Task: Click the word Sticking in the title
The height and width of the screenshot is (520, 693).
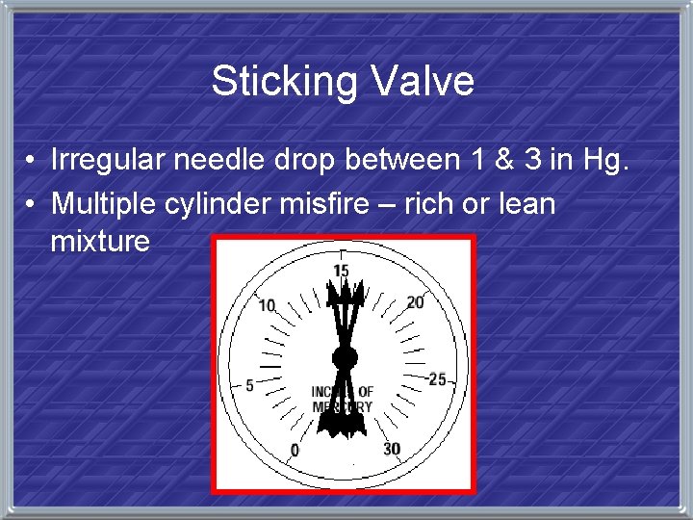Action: (x=274, y=81)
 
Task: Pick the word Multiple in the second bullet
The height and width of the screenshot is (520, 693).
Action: (x=101, y=203)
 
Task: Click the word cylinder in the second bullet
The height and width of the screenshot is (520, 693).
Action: (x=214, y=203)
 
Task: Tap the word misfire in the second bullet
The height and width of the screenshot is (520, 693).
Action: (x=321, y=203)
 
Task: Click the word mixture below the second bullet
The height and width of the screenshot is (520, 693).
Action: (x=100, y=241)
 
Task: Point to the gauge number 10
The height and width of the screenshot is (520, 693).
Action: (x=267, y=305)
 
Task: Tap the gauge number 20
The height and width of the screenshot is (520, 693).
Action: (x=414, y=302)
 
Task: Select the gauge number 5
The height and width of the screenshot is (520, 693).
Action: (x=250, y=385)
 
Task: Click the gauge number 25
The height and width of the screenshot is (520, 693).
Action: (x=438, y=379)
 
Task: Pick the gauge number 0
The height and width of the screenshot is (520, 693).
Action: (x=295, y=450)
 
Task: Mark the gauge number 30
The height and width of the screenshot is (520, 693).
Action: (x=391, y=450)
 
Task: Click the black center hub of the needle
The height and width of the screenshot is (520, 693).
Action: (x=344, y=358)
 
